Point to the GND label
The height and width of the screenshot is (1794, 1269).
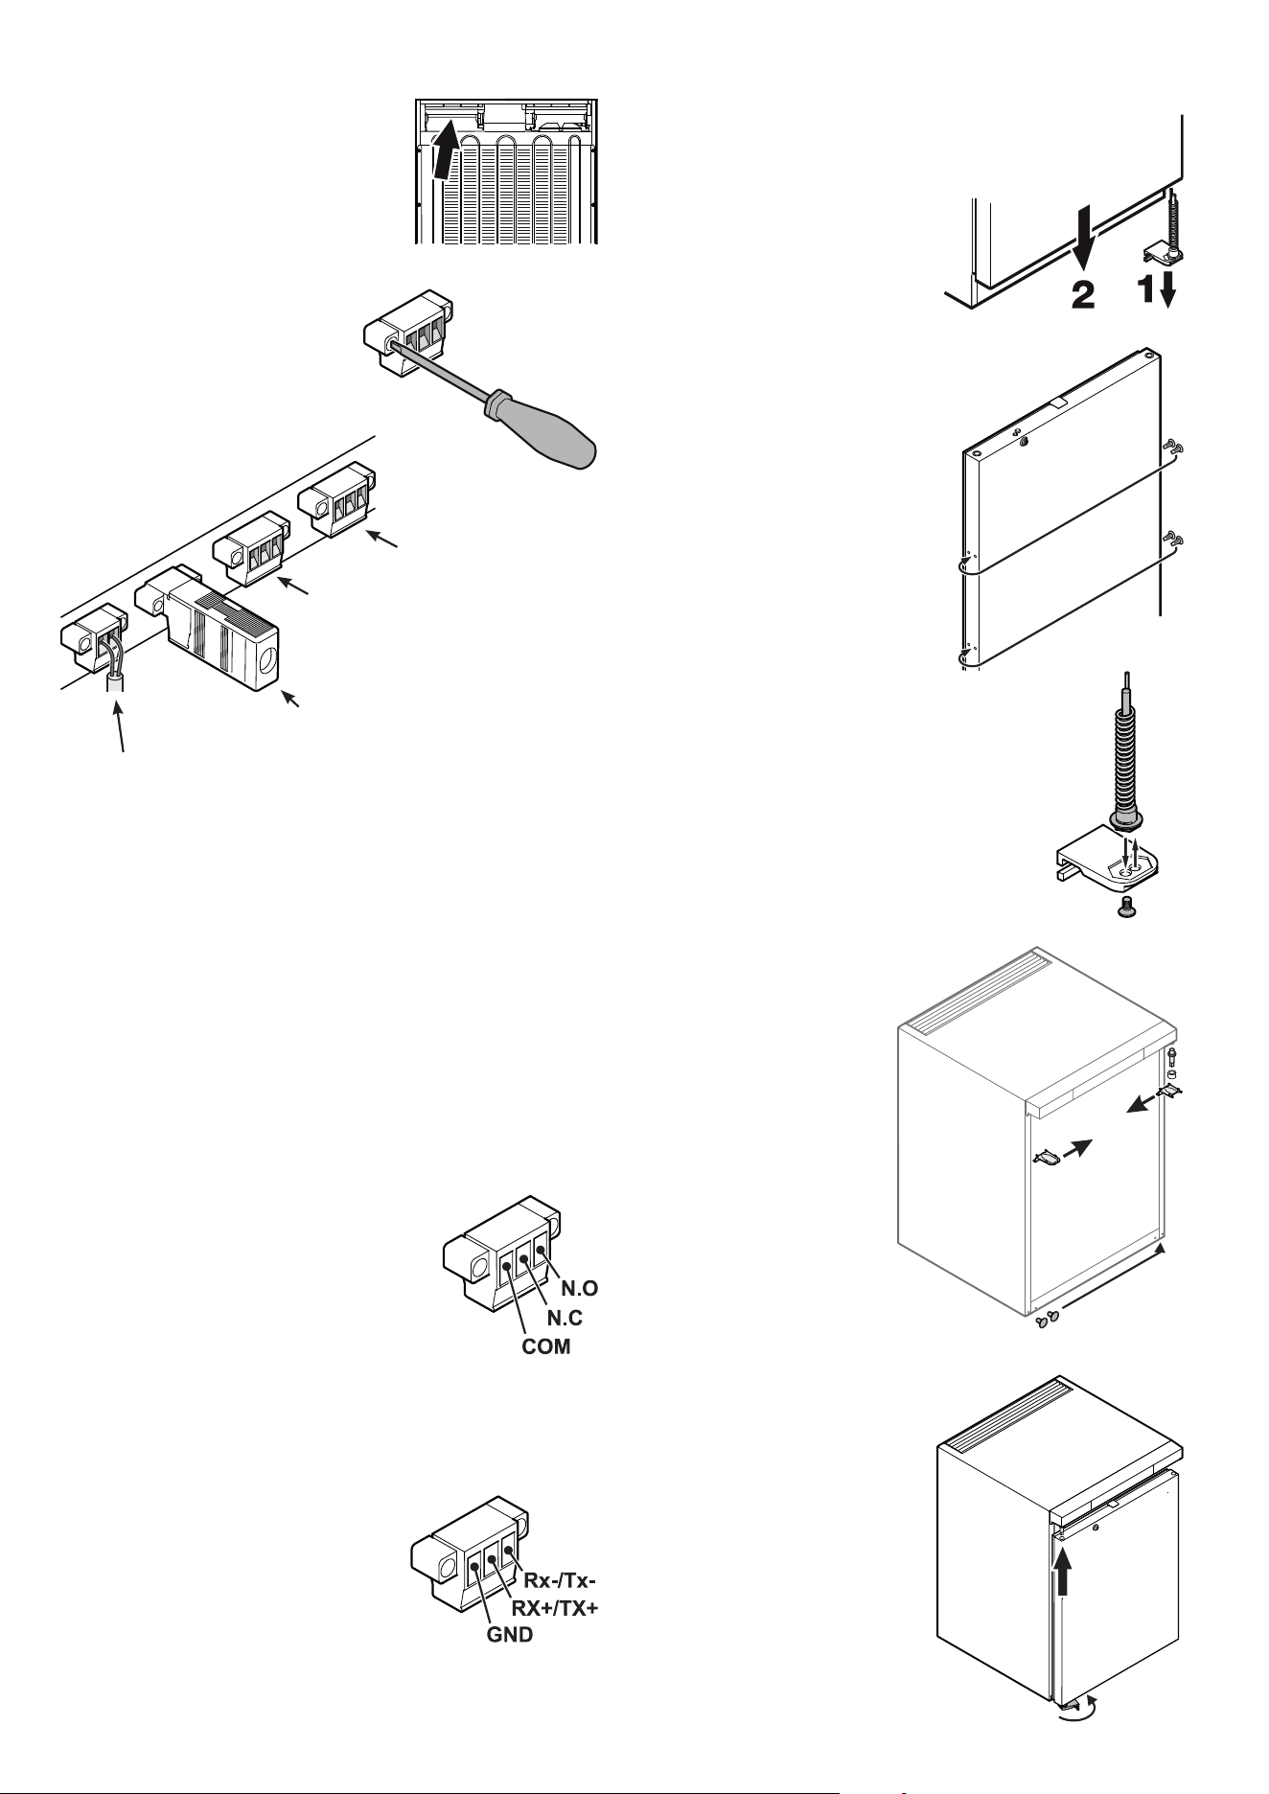pyautogui.click(x=508, y=1636)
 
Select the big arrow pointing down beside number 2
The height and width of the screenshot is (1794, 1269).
pyautogui.click(x=1082, y=241)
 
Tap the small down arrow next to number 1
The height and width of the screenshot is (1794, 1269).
pyautogui.click(x=1166, y=292)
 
